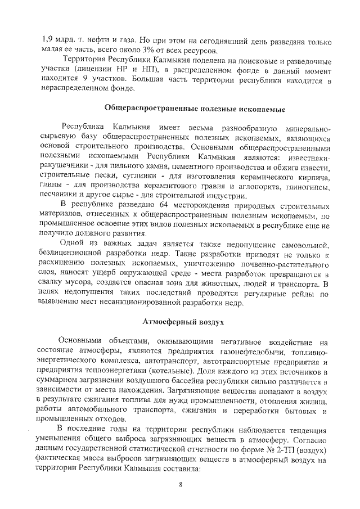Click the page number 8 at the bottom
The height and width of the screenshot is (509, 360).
point(181,482)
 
